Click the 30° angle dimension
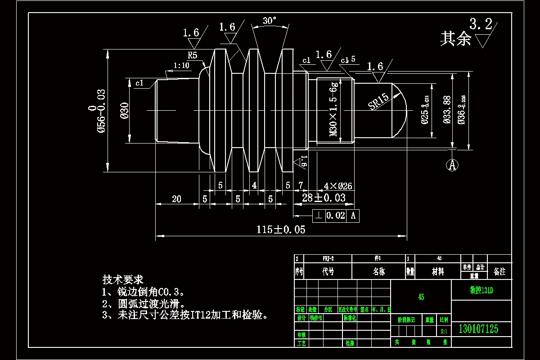click(x=270, y=21)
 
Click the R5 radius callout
click(x=193, y=55)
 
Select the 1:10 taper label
click(x=181, y=66)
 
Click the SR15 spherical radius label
click(x=378, y=102)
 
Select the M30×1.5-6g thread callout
click(x=333, y=110)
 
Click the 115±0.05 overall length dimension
click(x=281, y=229)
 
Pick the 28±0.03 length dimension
click(x=324, y=198)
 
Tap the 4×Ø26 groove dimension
click(x=337, y=186)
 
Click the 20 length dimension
click(x=176, y=199)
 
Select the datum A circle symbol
click(x=452, y=165)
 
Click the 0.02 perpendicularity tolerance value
click(x=336, y=216)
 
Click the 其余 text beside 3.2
click(x=455, y=39)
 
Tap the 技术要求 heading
click(x=123, y=279)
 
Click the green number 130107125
click(x=478, y=329)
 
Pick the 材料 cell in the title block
click(x=438, y=272)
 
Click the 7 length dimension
click(x=301, y=185)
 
